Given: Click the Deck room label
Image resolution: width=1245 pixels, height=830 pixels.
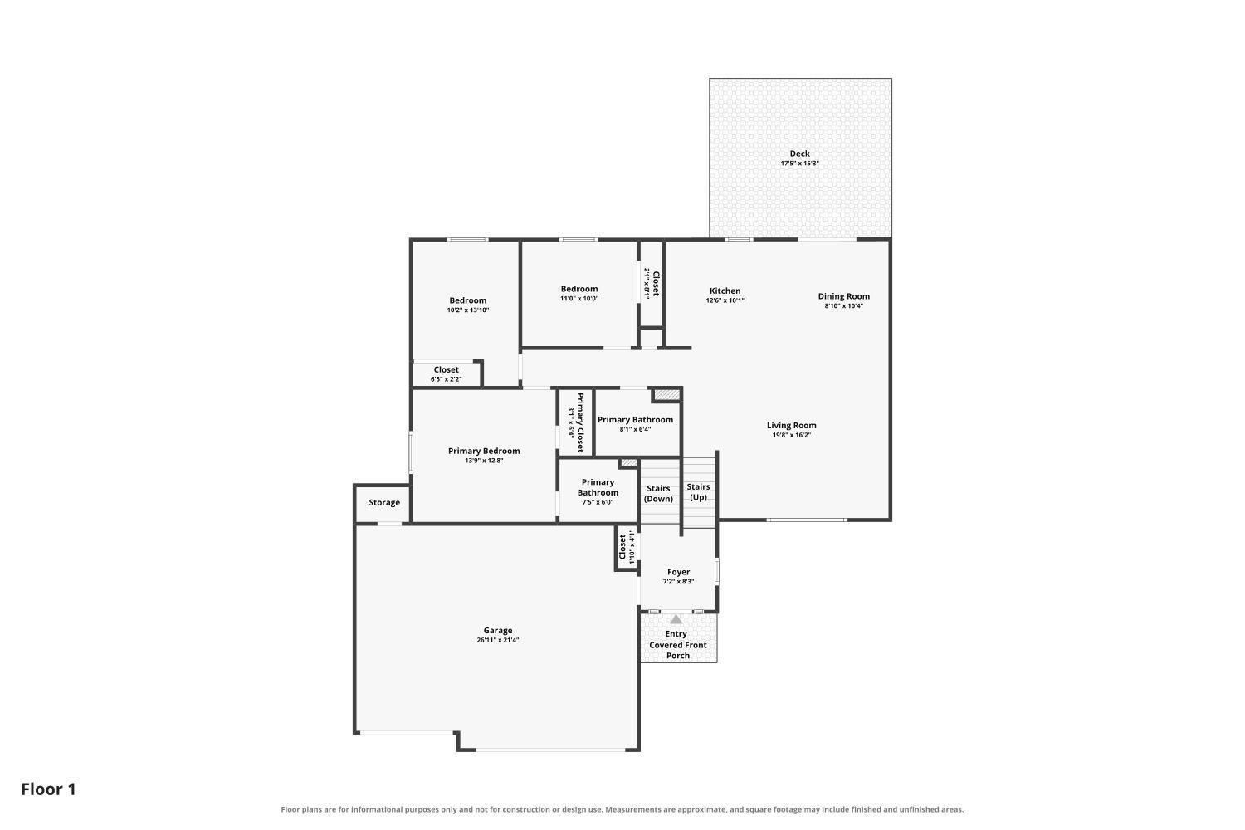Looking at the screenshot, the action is pos(799,154).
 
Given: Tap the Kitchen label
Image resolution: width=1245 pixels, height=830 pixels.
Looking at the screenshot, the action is pos(725,290).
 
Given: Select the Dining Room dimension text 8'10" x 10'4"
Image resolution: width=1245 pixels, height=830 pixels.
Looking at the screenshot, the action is pos(844,305).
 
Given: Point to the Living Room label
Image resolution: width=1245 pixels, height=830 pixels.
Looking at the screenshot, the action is pos(792,425).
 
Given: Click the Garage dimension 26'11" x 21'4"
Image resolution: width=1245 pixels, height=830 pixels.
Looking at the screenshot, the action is pos(497,640).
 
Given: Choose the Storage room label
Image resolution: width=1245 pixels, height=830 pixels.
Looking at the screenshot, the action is pos(384,502).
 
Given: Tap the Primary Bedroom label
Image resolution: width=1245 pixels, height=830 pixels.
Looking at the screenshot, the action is pos(484,451).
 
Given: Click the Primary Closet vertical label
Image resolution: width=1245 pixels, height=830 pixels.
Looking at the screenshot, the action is pos(579,422).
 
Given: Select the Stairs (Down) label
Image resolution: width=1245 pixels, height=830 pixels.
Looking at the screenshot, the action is pos(658,494).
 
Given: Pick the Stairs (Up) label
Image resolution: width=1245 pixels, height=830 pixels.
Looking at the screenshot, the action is pos(698,492).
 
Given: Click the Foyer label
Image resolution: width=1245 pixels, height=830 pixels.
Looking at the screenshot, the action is pos(678,572).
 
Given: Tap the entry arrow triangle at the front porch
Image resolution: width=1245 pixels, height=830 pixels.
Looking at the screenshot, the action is pos(676,619).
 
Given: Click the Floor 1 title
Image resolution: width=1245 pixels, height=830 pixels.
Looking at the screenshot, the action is pos(48,789).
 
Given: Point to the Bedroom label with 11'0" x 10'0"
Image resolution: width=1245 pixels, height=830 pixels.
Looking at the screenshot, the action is pos(579,289).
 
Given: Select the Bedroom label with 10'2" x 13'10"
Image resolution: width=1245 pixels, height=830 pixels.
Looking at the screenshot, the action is pos(468,300).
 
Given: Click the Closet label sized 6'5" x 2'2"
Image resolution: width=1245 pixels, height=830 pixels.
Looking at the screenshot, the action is pos(447,369).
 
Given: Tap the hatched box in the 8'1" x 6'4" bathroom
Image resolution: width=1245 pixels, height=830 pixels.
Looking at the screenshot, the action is pos(666,395).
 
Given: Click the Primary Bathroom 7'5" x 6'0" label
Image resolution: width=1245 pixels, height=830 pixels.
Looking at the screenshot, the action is pos(598,487).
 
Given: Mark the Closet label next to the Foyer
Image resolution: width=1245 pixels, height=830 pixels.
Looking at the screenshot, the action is pos(622,547).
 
